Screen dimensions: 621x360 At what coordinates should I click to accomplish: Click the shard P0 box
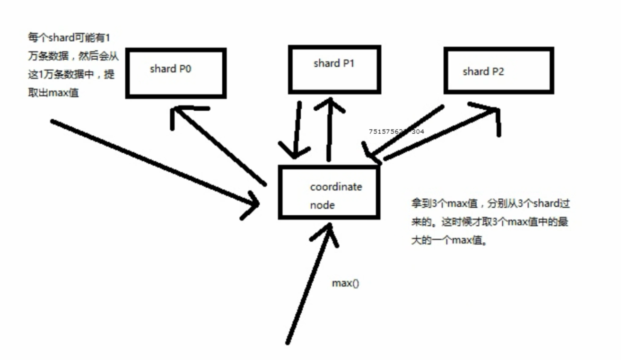[x=175, y=73]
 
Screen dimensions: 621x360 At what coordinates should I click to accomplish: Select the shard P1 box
[x=334, y=69]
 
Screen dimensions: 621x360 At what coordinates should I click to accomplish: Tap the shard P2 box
[x=499, y=70]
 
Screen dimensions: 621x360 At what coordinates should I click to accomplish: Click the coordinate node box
[x=329, y=192]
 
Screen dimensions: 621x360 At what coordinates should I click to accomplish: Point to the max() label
[x=345, y=283]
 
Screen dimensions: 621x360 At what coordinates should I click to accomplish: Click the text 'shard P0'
[x=170, y=69]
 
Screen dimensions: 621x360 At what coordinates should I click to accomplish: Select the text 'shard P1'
[x=333, y=63]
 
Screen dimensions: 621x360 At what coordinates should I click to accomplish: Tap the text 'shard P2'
[x=483, y=71]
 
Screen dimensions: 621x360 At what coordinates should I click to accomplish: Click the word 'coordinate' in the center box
[x=336, y=187]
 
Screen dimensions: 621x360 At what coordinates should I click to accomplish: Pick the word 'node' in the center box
[x=322, y=205]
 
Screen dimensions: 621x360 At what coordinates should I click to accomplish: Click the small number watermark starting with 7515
[x=396, y=132]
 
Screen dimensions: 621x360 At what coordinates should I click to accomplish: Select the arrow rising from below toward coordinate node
[x=310, y=284]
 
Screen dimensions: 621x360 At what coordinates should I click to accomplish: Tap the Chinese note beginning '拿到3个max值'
[x=490, y=222]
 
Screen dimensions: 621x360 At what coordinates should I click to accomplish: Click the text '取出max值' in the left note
[x=53, y=93]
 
